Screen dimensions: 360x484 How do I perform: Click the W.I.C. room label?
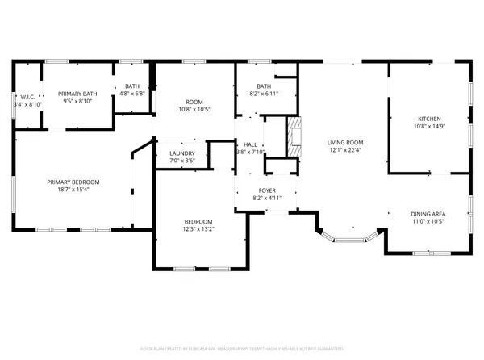click(27, 97)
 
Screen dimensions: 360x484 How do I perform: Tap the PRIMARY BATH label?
click(77, 94)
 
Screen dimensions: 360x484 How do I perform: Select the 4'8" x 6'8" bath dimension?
click(131, 94)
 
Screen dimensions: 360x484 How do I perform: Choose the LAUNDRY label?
click(181, 153)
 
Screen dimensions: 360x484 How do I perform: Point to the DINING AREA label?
click(428, 213)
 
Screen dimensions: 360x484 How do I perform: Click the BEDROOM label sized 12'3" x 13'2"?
click(198, 221)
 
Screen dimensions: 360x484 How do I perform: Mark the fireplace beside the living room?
click(296, 136)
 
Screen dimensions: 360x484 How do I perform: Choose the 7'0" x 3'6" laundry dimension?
click(181, 161)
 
